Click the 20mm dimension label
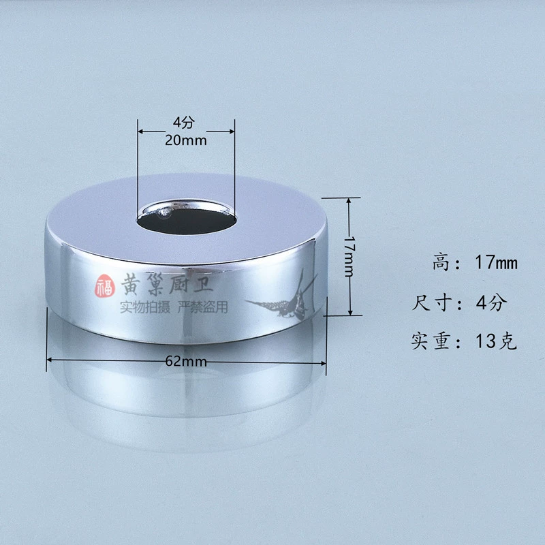tap(185, 140)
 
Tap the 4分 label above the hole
tap(184, 122)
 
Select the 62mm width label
tap(186, 362)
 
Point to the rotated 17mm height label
tap(349, 257)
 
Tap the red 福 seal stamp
tap(105, 285)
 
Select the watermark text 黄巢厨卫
tap(167, 283)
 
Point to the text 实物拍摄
tap(145, 307)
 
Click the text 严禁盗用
tap(203, 307)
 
